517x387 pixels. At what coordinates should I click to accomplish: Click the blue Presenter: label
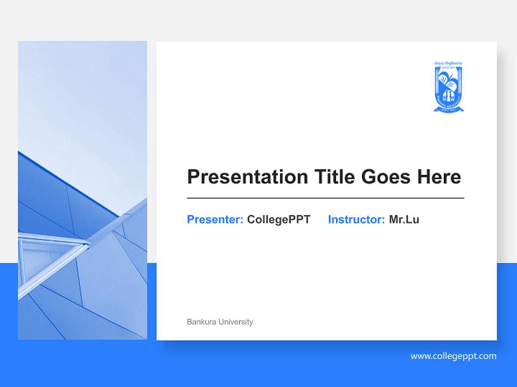tap(215, 219)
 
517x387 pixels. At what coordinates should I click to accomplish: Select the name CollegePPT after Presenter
tap(278, 219)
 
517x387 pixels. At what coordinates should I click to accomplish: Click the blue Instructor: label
tap(356, 219)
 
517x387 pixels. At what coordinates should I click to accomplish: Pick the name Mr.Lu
tap(404, 219)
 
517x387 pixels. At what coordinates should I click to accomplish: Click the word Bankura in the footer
tap(199, 322)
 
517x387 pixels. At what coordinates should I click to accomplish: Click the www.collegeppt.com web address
tap(453, 356)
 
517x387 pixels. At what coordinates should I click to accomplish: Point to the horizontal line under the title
tap(325, 198)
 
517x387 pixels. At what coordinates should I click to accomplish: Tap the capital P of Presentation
tap(193, 177)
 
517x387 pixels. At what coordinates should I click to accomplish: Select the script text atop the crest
tap(448, 63)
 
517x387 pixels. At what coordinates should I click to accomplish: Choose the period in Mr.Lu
tap(404, 222)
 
